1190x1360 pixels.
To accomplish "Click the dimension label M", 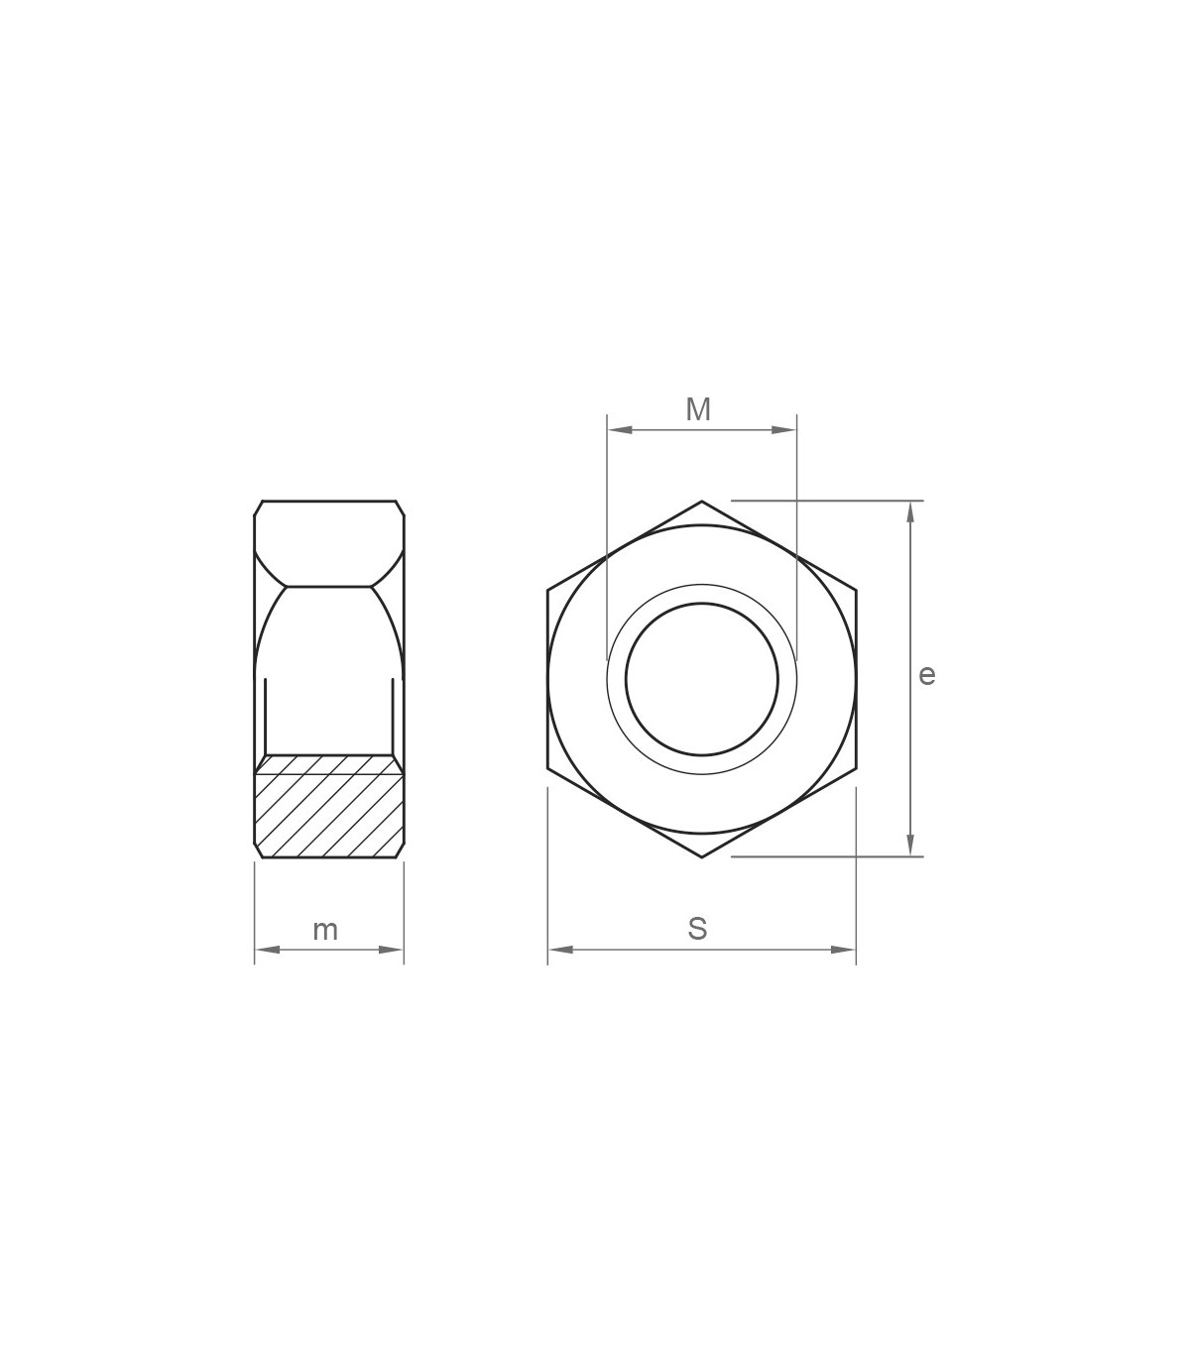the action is coord(698,409).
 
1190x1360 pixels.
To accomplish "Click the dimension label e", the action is coord(927,675).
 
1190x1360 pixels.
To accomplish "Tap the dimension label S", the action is coord(697,929).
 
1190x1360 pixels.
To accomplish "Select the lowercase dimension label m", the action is coord(325,931).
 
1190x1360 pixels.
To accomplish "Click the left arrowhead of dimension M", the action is coord(620,430).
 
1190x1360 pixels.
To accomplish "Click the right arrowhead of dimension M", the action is coord(783,430).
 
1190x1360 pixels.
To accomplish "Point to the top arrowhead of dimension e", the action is coord(910,513).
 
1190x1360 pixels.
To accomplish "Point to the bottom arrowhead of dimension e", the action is coord(910,844).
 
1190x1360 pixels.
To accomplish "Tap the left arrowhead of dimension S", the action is coord(560,950).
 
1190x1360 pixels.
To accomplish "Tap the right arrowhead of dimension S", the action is coord(843,950).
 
